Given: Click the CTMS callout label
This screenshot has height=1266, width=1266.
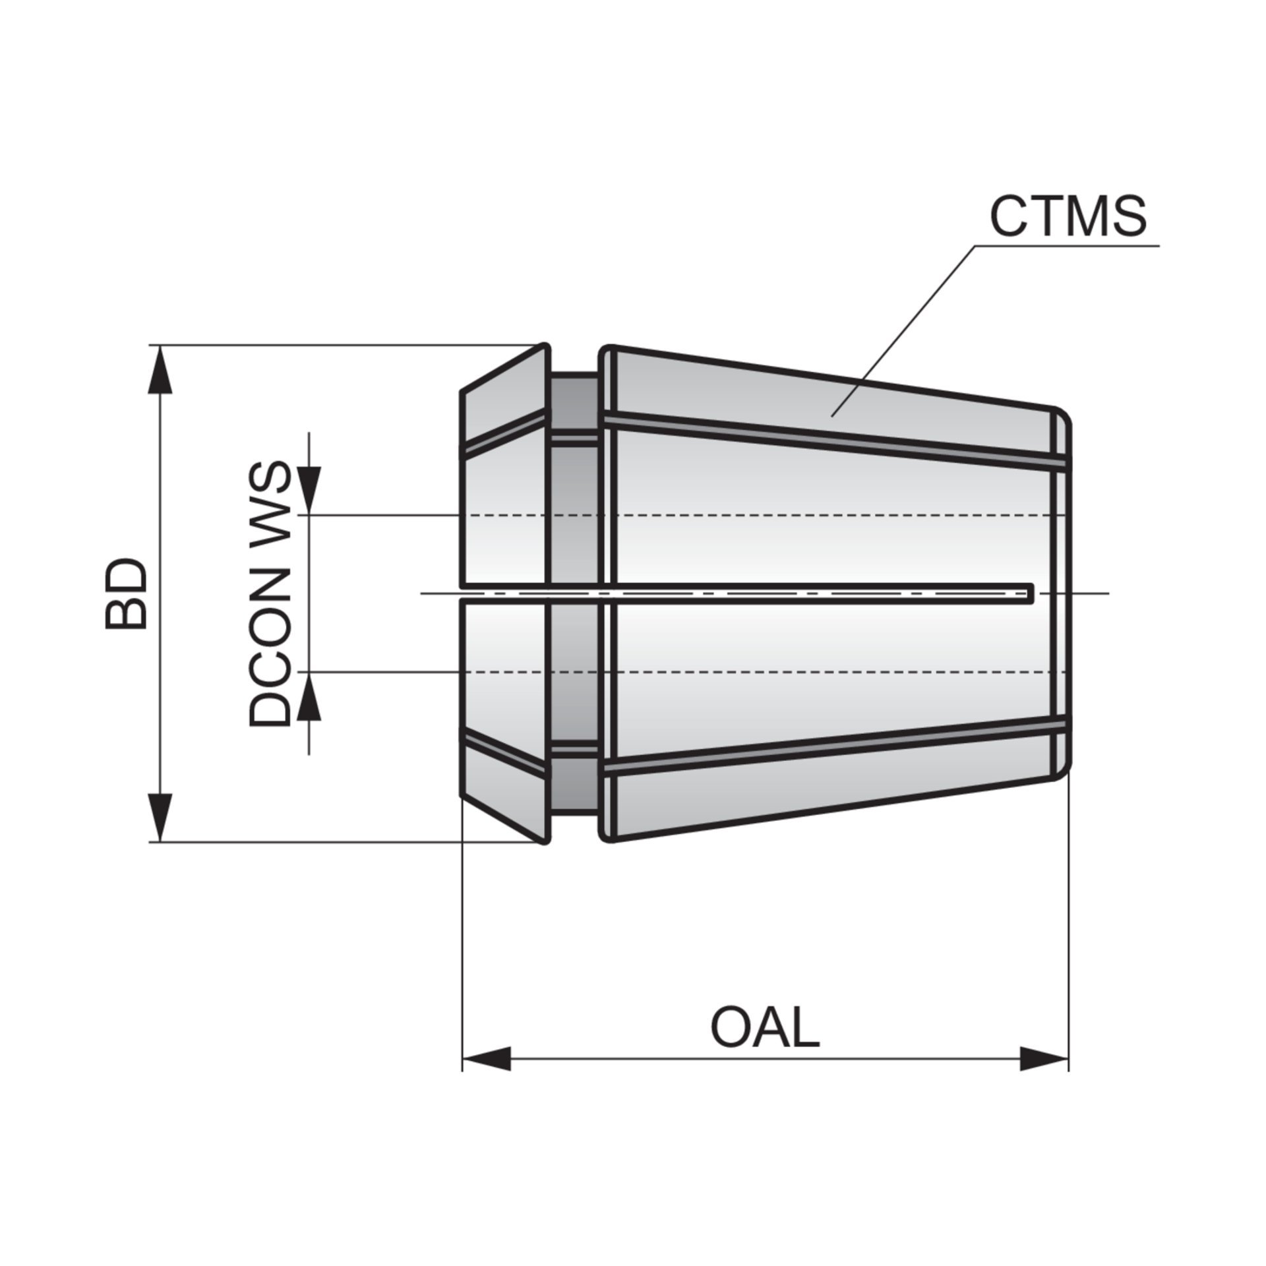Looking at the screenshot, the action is coord(1068,216).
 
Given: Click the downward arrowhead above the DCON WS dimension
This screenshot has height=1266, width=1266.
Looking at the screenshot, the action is coord(309,490).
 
